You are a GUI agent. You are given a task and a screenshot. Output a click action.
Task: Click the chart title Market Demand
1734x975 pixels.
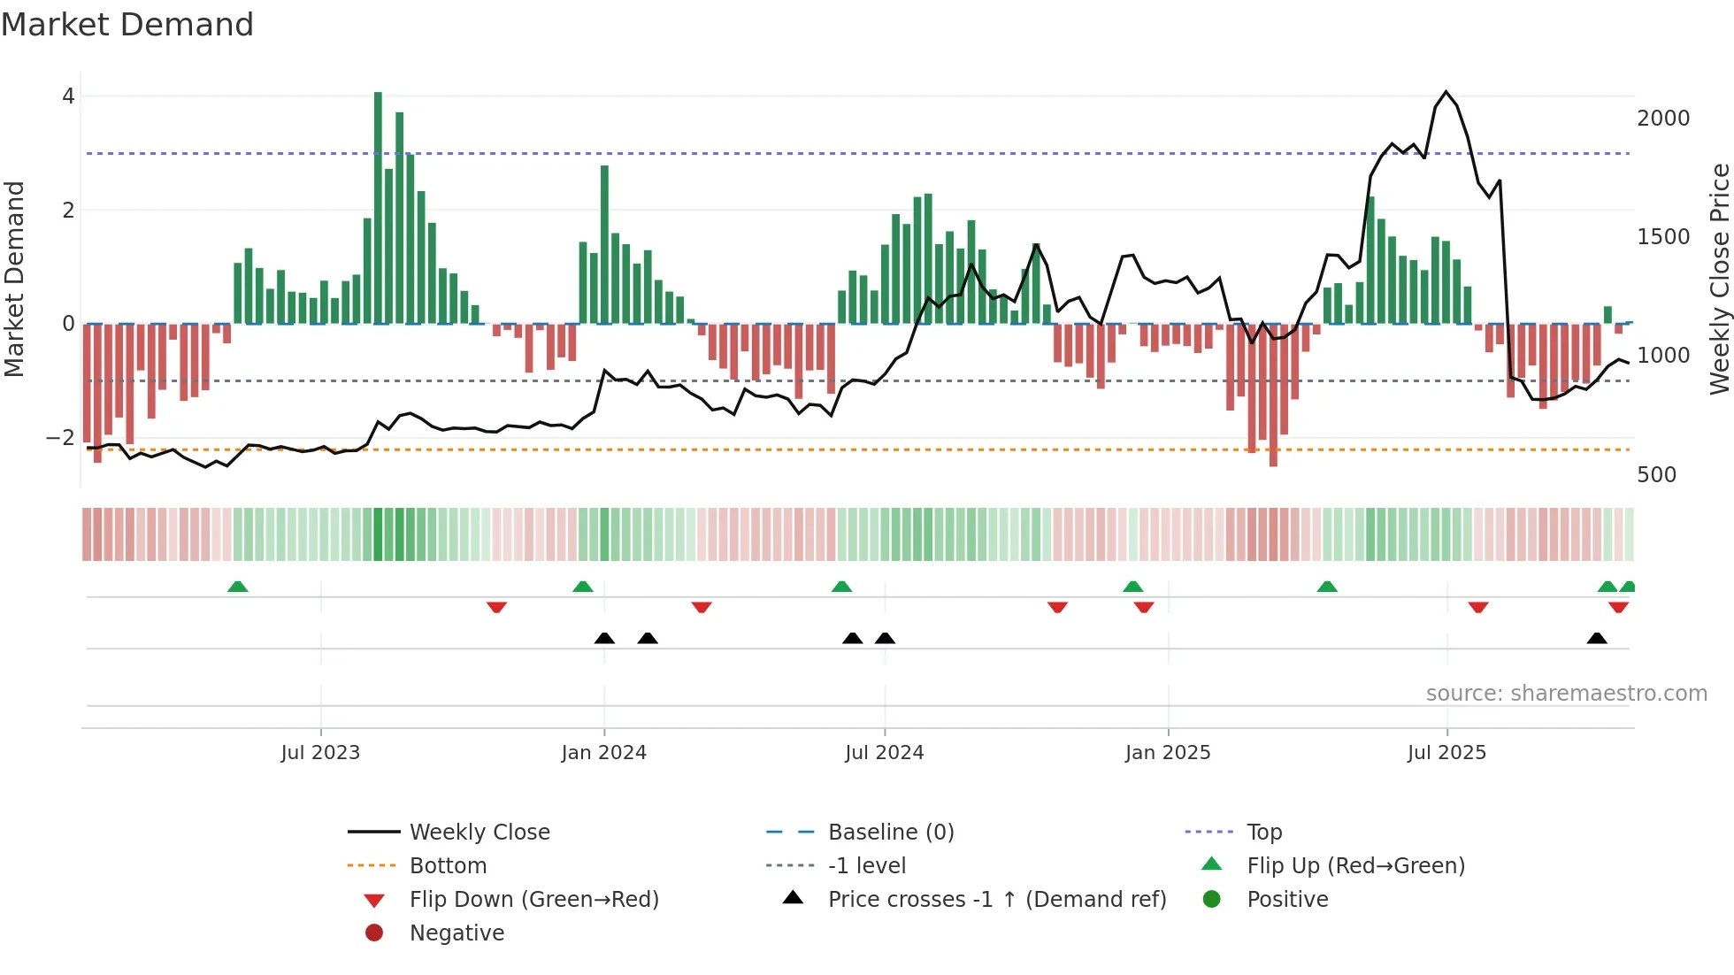pyautogui.click(x=127, y=25)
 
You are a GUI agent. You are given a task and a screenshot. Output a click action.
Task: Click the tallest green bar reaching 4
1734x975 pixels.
pyautogui.click(x=378, y=207)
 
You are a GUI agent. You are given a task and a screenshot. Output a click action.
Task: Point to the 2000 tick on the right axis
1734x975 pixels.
pyautogui.click(x=1662, y=119)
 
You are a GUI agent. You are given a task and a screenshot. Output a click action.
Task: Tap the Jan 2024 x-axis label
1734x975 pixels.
pyautogui.click(x=603, y=753)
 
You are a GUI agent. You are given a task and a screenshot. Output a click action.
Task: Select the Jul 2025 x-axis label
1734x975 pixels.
pyautogui.click(x=1446, y=753)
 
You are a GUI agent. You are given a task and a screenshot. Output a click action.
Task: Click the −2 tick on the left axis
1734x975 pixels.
pyautogui.click(x=60, y=438)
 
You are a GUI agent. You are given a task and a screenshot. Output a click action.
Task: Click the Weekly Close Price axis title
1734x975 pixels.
pyautogui.click(x=1719, y=279)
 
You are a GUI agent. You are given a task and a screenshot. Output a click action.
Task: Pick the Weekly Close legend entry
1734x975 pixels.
pyautogui.click(x=479, y=833)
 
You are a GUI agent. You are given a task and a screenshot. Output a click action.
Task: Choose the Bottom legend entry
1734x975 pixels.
pyautogui.click(x=448, y=866)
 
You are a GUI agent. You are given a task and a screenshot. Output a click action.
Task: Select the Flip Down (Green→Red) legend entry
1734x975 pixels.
pyautogui.click(x=533, y=900)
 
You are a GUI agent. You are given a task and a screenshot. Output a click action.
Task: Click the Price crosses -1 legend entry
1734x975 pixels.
pyautogui.click(x=996, y=900)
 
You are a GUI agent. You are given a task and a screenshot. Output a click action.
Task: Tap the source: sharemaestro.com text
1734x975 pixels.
pyautogui.click(x=1566, y=694)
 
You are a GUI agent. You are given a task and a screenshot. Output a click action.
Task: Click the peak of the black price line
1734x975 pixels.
pyautogui.click(x=1446, y=92)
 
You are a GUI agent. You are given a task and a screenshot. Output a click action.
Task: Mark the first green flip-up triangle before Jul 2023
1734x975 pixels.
pyautogui.click(x=237, y=587)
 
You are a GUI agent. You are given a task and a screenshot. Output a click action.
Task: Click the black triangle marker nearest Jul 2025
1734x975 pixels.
pyautogui.click(x=1596, y=639)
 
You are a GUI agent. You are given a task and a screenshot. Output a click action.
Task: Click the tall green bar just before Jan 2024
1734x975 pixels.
pyautogui.click(x=604, y=244)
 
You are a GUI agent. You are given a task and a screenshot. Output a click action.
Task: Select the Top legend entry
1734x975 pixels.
pyautogui.click(x=1263, y=833)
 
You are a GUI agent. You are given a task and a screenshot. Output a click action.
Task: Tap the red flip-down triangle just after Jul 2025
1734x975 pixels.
pyautogui.click(x=1477, y=607)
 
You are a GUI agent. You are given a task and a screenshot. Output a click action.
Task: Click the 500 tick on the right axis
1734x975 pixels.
pyautogui.click(x=1656, y=475)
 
